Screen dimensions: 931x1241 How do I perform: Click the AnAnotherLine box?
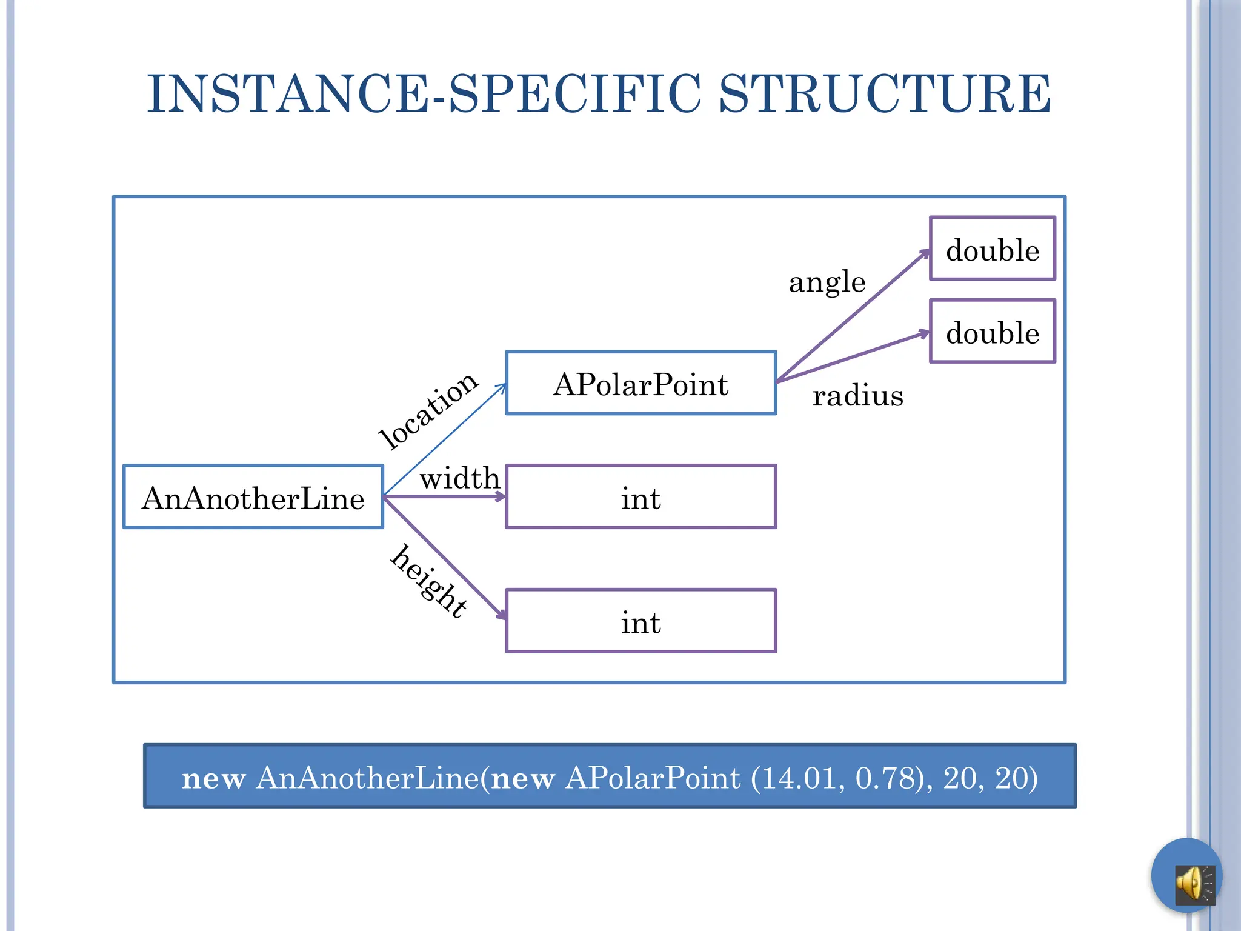click(x=253, y=497)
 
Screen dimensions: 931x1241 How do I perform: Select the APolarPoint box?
click(x=640, y=383)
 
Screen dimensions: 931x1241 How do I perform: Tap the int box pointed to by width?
click(x=640, y=497)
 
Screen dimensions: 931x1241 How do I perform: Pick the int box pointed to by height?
click(x=640, y=621)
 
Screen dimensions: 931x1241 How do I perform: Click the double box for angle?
click(x=992, y=249)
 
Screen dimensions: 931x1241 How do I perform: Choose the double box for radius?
click(x=992, y=331)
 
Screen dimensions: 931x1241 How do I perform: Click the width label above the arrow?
click(x=459, y=478)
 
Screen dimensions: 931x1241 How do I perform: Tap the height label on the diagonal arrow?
click(x=429, y=581)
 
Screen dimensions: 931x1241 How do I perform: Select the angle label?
click(x=827, y=281)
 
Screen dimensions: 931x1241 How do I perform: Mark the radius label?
click(x=857, y=395)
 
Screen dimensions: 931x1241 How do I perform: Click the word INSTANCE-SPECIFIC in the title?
click(x=424, y=93)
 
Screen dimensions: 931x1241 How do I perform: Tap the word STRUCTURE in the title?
click(x=885, y=93)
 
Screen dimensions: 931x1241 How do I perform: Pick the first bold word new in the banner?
click(x=213, y=778)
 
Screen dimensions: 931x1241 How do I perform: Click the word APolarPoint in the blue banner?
click(x=652, y=778)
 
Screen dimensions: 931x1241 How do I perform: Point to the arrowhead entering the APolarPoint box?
click(x=502, y=386)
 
